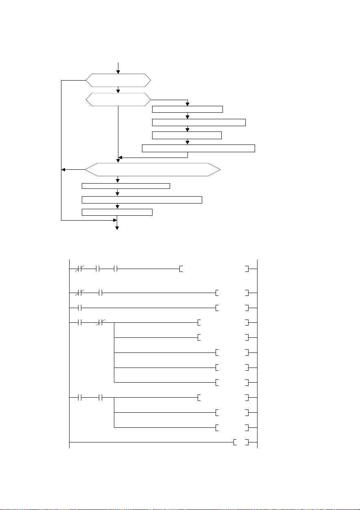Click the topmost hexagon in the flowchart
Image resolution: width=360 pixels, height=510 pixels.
(118, 80)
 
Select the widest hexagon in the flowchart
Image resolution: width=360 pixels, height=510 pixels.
(153, 169)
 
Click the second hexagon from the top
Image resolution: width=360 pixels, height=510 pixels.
(118, 100)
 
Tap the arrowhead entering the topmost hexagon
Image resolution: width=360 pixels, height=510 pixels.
(118, 72)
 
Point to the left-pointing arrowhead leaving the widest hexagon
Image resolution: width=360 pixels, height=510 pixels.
(63, 169)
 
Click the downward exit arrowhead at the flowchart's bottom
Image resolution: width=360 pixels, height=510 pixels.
(118, 229)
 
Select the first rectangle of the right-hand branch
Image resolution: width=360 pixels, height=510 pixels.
(187, 109)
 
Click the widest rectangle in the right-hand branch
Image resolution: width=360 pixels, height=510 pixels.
(198, 148)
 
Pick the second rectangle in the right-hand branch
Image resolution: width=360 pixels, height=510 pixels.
(199, 122)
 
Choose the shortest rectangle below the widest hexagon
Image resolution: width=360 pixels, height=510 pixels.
(117, 212)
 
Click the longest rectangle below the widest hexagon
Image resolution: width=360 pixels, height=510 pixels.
(142, 199)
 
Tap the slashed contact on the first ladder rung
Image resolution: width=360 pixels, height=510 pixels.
(80, 269)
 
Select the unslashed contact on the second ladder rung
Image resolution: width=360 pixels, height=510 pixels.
(100, 293)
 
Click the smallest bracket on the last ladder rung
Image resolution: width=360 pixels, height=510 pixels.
(242, 442)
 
